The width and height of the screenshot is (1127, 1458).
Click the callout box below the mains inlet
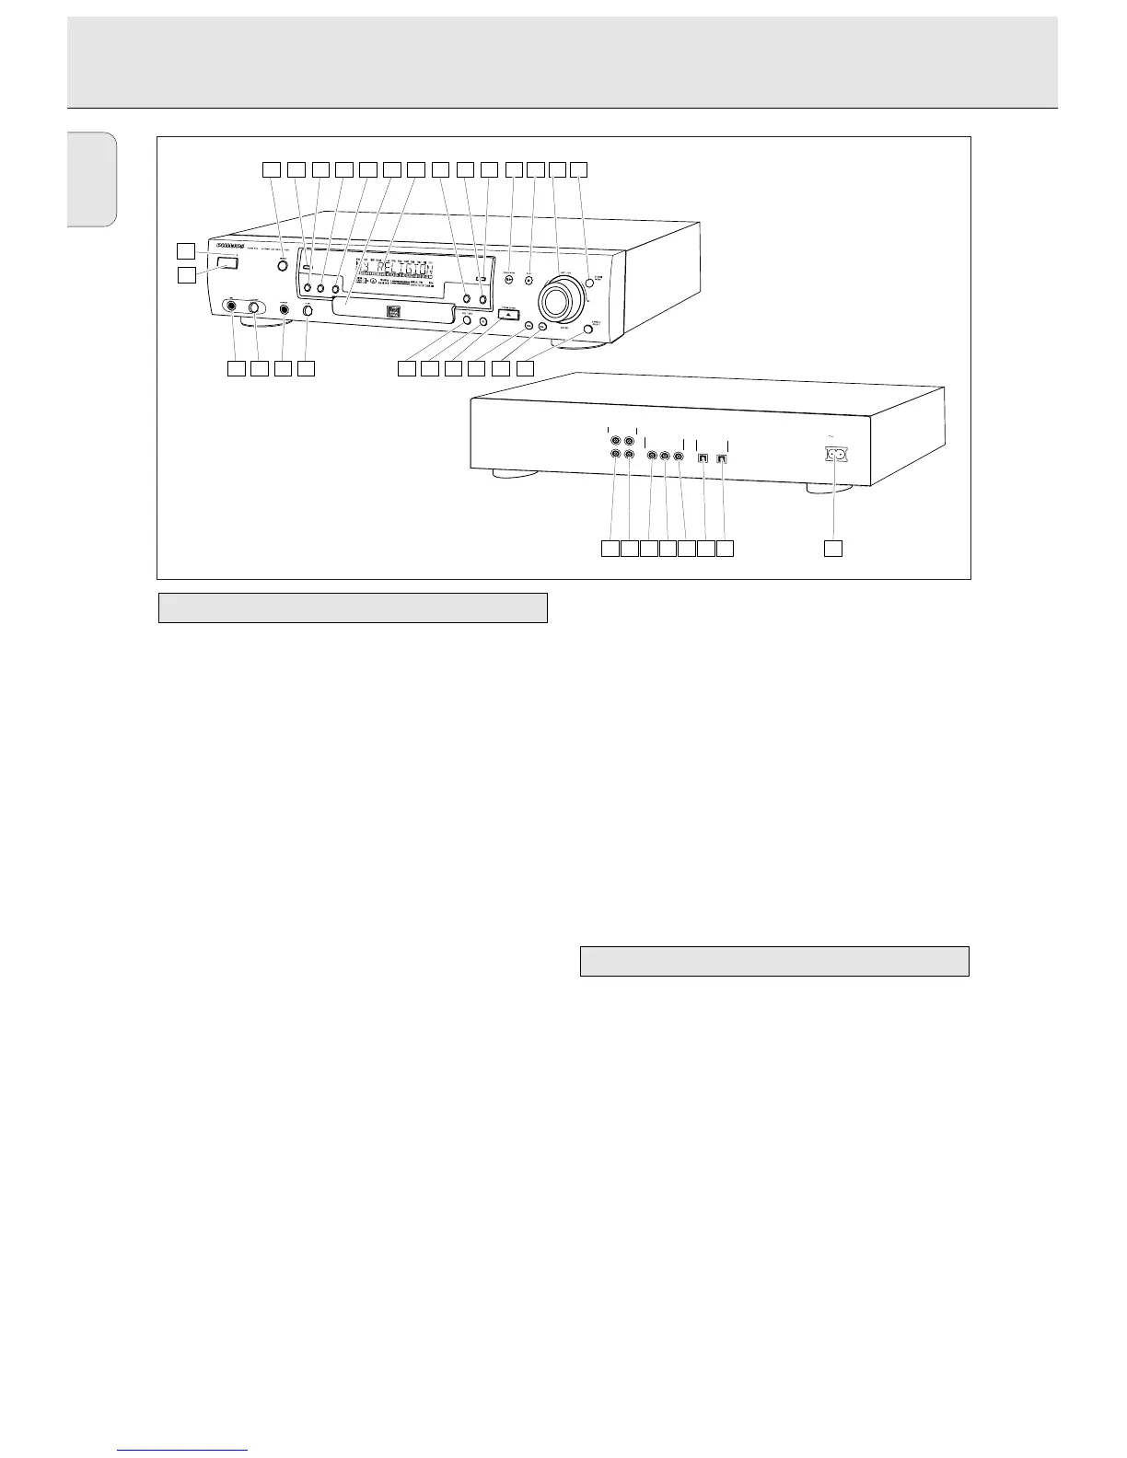click(x=832, y=549)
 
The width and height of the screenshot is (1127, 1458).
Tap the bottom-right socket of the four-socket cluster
click(x=629, y=454)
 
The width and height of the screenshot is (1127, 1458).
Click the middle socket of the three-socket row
click(x=665, y=455)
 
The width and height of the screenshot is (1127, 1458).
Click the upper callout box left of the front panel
click(x=187, y=249)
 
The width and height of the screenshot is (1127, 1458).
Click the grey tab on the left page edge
click(x=92, y=179)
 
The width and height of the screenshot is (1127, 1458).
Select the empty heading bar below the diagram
click(x=353, y=608)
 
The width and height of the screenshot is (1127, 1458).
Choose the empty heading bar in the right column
click(x=774, y=961)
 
